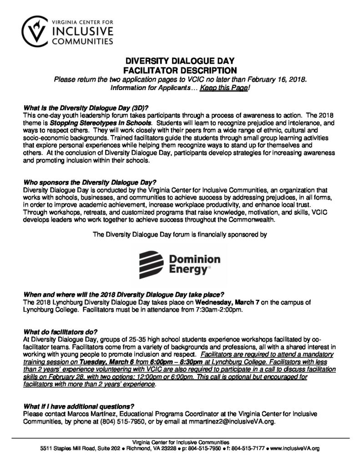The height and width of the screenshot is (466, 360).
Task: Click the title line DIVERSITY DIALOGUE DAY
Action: pos(180,62)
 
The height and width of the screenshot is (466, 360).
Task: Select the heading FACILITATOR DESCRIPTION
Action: pos(180,71)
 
